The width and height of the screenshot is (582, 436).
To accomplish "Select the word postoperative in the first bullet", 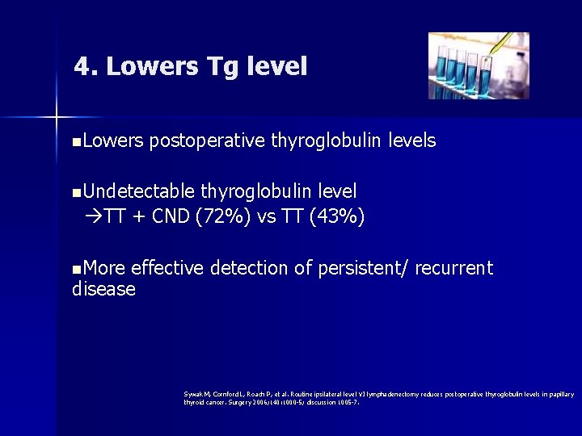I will pos(207,141).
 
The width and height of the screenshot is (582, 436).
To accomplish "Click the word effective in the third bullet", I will pos(167,268).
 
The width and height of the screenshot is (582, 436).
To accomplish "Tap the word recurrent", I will pos(453,268).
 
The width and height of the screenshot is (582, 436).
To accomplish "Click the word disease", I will pos(103,289).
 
